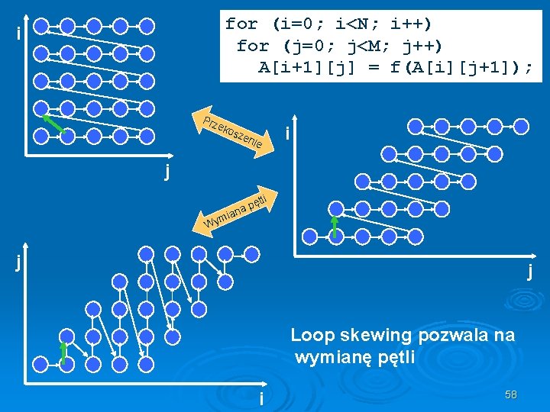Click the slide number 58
point(511,394)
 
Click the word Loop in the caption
point(311,335)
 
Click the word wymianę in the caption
point(334,357)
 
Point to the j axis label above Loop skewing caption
point(529,272)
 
